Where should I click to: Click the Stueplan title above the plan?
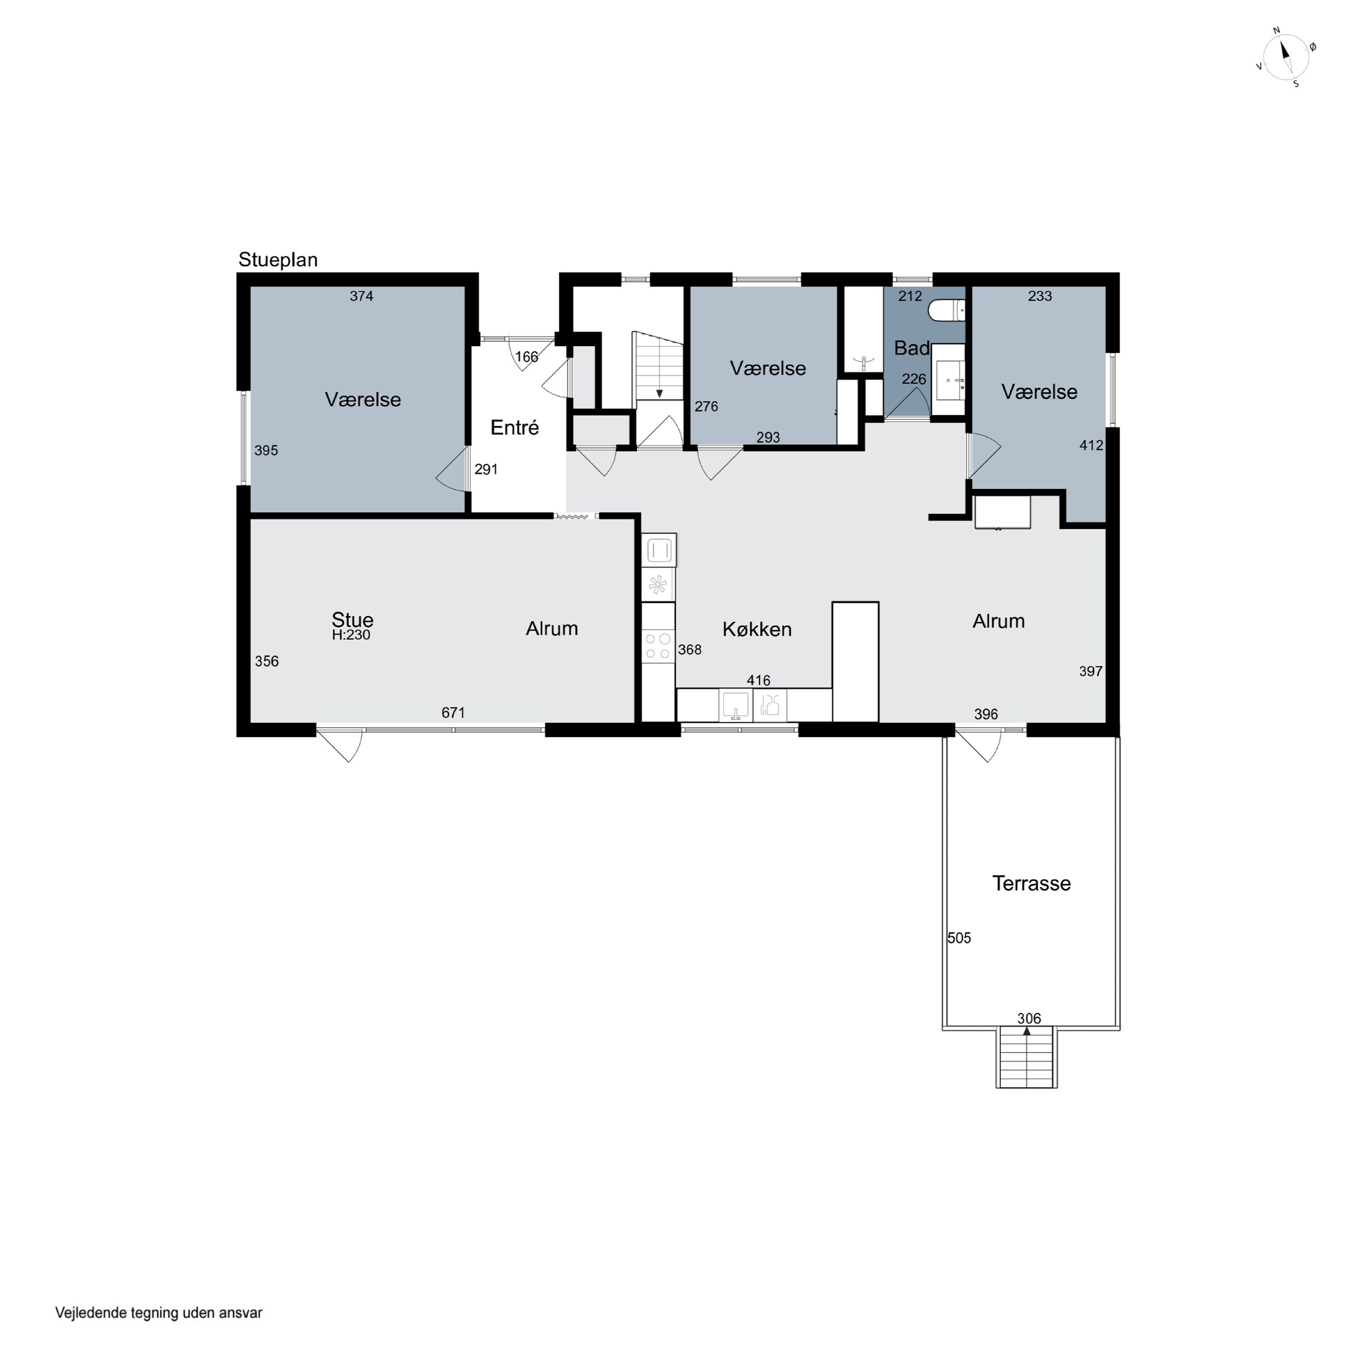point(278,260)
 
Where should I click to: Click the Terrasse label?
point(1031,883)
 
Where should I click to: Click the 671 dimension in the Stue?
point(453,713)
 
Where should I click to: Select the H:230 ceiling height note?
point(351,635)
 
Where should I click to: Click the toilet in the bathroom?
point(947,310)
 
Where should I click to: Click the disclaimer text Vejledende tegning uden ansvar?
point(159,1313)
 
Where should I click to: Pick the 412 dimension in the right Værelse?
point(1091,445)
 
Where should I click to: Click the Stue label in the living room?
point(353,620)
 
